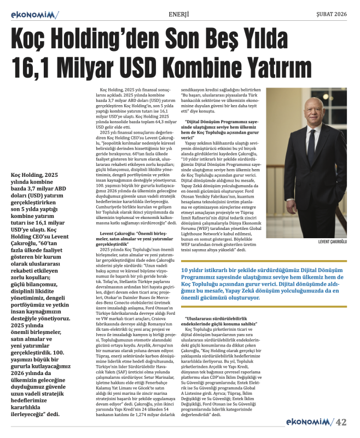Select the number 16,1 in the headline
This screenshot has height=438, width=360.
click(32, 67)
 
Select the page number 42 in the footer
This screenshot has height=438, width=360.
click(341, 422)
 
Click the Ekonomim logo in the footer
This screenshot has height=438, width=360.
click(310, 422)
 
